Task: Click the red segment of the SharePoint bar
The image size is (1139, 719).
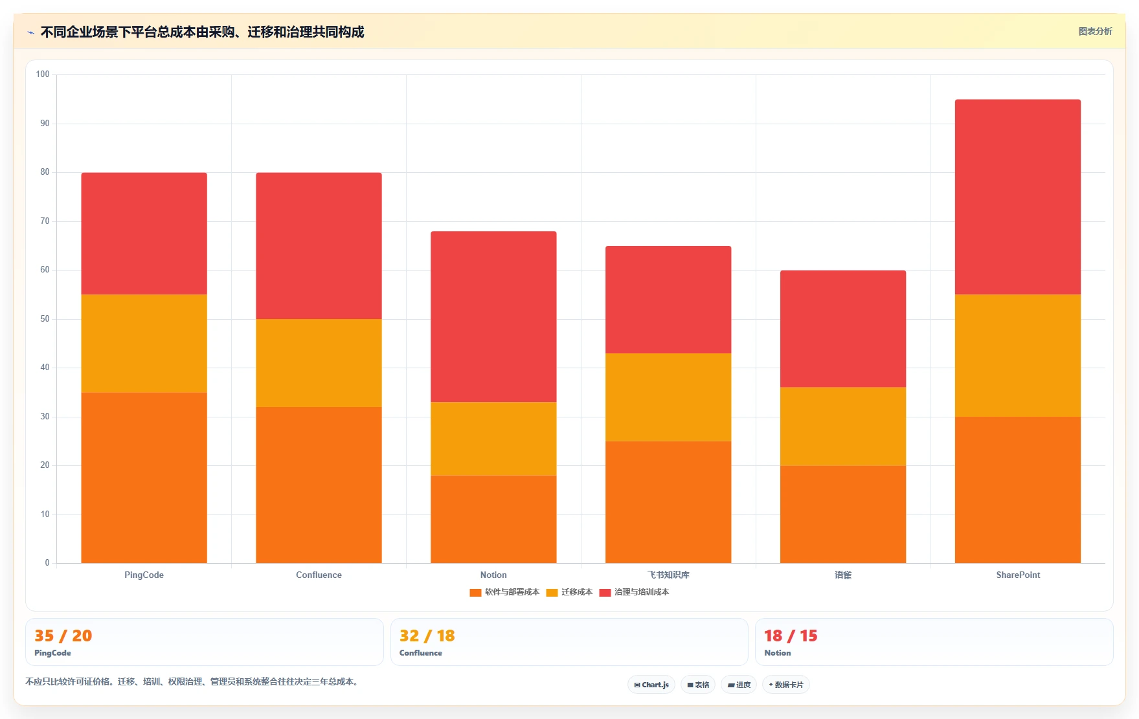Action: pos(1017,197)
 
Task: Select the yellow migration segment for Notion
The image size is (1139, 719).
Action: pos(493,439)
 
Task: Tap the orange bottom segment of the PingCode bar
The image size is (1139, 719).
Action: pos(144,478)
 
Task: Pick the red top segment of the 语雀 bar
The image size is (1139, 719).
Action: pos(842,329)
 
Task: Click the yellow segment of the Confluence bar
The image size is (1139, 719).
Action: pos(319,362)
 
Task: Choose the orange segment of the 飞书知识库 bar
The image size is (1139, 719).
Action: pos(668,502)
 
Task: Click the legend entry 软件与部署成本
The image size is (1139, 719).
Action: pos(505,592)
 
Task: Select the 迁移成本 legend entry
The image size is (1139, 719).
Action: pos(570,592)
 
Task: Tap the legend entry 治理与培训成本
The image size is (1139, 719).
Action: pos(635,592)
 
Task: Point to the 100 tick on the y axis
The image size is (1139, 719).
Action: pos(43,74)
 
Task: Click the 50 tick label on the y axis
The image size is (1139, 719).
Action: pos(45,319)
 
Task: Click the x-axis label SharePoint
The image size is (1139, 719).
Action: pos(1018,575)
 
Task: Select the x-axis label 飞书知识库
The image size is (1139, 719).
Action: pos(668,575)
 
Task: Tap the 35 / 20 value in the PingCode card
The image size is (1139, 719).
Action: pos(63,636)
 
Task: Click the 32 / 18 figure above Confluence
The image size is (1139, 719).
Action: pos(427,636)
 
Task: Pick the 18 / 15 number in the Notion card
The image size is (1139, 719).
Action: pos(791,636)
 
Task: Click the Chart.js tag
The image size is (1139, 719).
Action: pos(651,685)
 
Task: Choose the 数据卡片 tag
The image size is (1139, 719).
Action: pos(786,685)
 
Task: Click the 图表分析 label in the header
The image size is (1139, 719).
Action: pos(1095,31)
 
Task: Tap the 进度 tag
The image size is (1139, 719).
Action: pos(739,685)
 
